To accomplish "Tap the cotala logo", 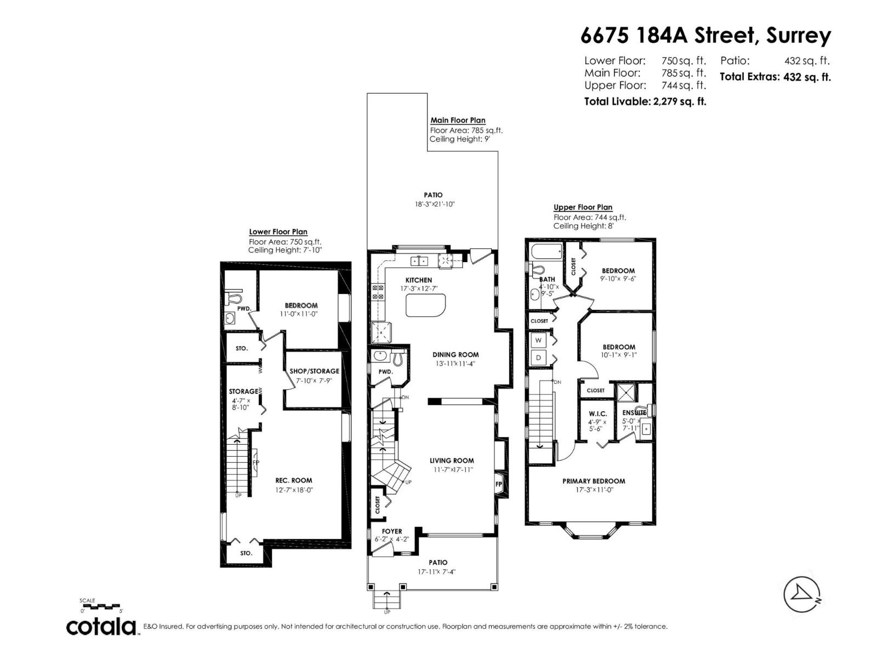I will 102,626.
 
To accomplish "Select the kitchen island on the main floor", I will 426,305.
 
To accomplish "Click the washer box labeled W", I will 538,341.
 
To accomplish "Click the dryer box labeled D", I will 538,358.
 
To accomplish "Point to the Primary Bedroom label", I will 594,481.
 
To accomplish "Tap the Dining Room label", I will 455,355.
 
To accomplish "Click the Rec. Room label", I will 294,480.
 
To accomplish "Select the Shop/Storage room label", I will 314,371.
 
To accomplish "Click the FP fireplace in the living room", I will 499,485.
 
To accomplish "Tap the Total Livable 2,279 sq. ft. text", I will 645,101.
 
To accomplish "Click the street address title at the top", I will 705,36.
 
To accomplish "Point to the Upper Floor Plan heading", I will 583,207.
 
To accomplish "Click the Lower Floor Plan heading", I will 278,232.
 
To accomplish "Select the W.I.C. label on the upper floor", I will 597,414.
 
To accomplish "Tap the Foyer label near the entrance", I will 391,531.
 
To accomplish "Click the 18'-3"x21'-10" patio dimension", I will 435,204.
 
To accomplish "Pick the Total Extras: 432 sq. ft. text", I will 775,77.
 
